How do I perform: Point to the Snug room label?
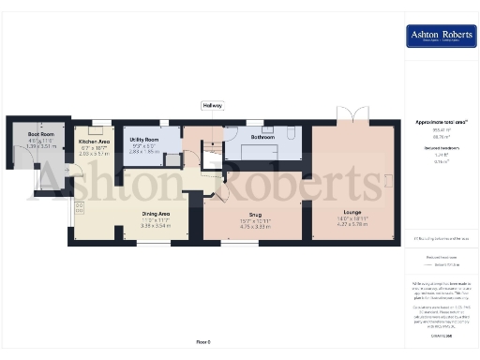click(x=254, y=213)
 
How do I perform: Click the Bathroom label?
click(x=262, y=137)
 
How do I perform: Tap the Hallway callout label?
click(x=212, y=105)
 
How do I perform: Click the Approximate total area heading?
click(x=440, y=122)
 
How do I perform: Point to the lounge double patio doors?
click(x=353, y=119)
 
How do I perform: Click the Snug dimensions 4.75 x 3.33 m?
click(x=254, y=226)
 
